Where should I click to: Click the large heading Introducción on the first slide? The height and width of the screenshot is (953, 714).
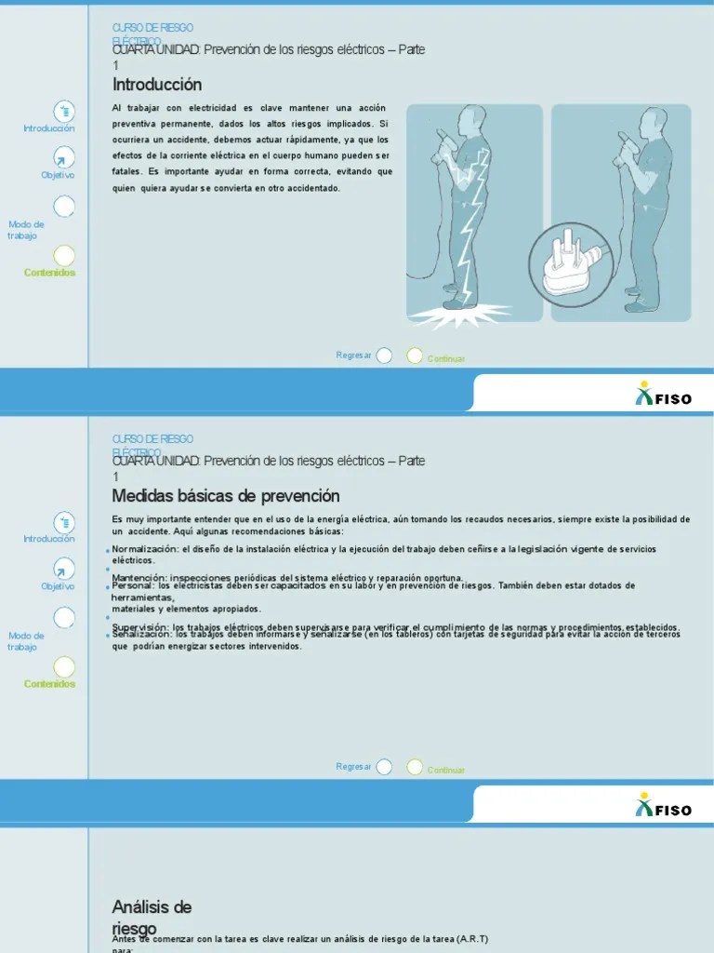tap(157, 85)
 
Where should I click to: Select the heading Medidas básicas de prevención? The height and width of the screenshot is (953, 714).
tap(226, 496)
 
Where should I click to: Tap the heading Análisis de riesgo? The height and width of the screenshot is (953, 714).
tap(152, 916)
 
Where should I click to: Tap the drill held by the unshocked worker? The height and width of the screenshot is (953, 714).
tap(626, 144)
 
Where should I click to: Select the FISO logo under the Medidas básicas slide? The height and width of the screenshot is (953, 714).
tap(663, 806)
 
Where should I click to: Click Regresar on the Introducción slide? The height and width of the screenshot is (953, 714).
tap(353, 355)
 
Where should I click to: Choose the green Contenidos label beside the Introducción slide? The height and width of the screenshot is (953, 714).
tap(50, 273)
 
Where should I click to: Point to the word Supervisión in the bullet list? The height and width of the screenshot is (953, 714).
tap(140, 627)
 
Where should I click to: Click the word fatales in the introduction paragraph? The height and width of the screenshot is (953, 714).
tap(126, 171)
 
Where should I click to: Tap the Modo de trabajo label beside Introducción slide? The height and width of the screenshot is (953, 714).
tap(26, 230)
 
